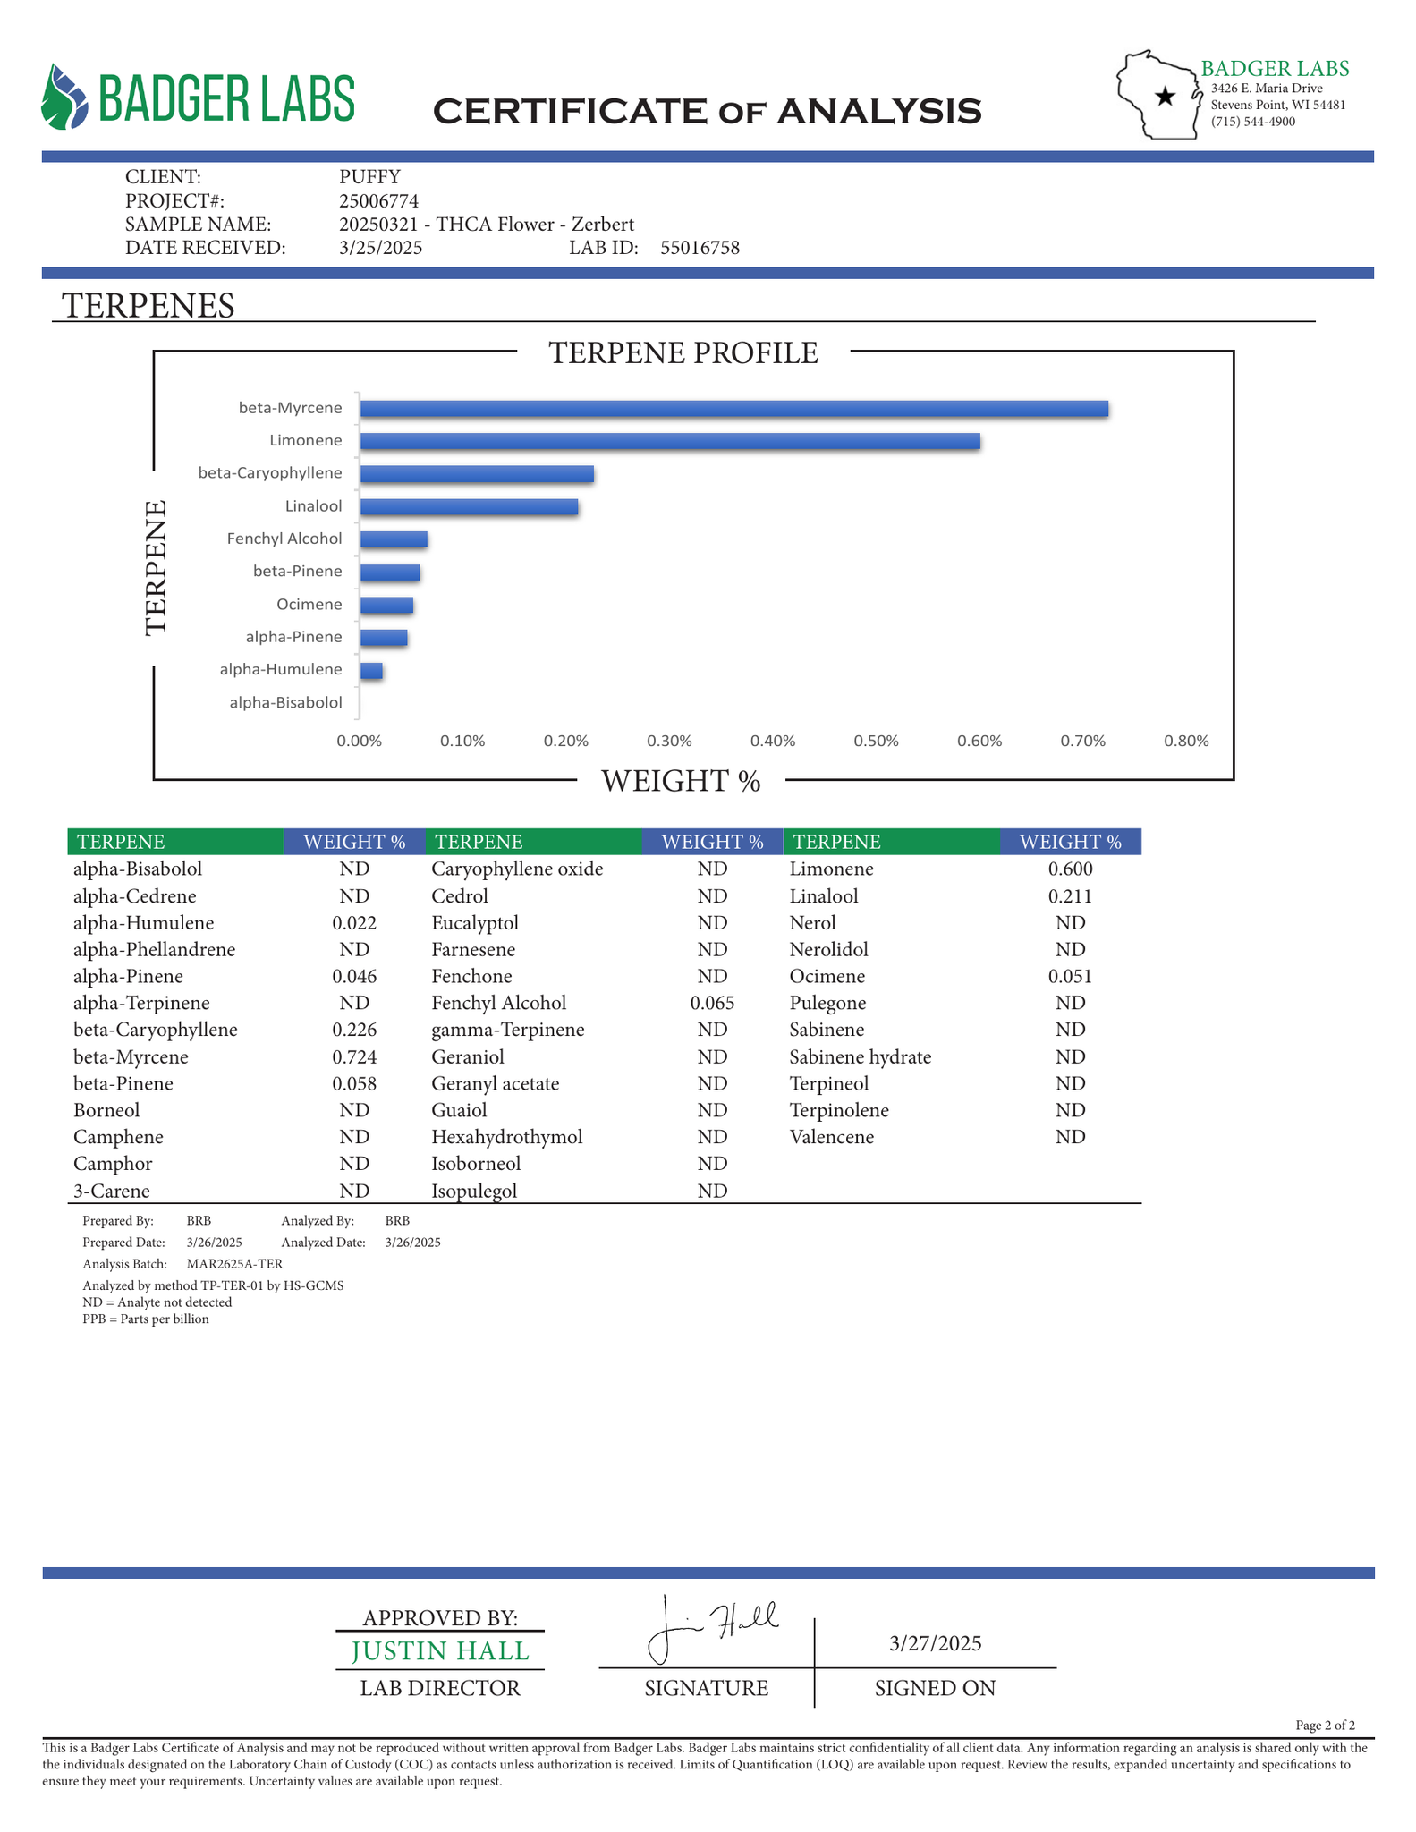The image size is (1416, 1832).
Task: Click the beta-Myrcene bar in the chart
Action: tap(733, 409)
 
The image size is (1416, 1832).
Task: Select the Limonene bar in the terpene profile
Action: tap(669, 441)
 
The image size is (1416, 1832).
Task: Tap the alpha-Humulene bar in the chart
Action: tap(371, 671)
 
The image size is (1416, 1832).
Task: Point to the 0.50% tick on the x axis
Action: tap(876, 742)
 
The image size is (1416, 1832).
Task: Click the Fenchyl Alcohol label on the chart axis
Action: tap(284, 539)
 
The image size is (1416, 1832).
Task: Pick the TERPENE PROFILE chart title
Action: tap(683, 353)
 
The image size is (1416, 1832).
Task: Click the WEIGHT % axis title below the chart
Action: tap(681, 782)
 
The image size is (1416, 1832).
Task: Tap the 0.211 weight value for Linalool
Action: tap(1070, 896)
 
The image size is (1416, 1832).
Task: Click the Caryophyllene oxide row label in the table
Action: tap(517, 869)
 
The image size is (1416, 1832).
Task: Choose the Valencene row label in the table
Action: tap(832, 1137)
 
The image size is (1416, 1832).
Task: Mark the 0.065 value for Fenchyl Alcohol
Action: tap(712, 1004)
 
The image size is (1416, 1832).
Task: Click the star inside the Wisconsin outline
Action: tap(1165, 97)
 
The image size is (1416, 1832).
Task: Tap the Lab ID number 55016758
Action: tap(700, 249)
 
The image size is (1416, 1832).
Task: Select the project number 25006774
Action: tap(379, 201)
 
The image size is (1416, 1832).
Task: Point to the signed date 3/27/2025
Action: tap(936, 1643)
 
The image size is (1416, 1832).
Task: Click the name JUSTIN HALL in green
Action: tap(440, 1651)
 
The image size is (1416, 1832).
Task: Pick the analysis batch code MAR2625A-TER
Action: tap(234, 1264)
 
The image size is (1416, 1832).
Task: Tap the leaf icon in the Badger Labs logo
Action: tap(65, 98)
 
